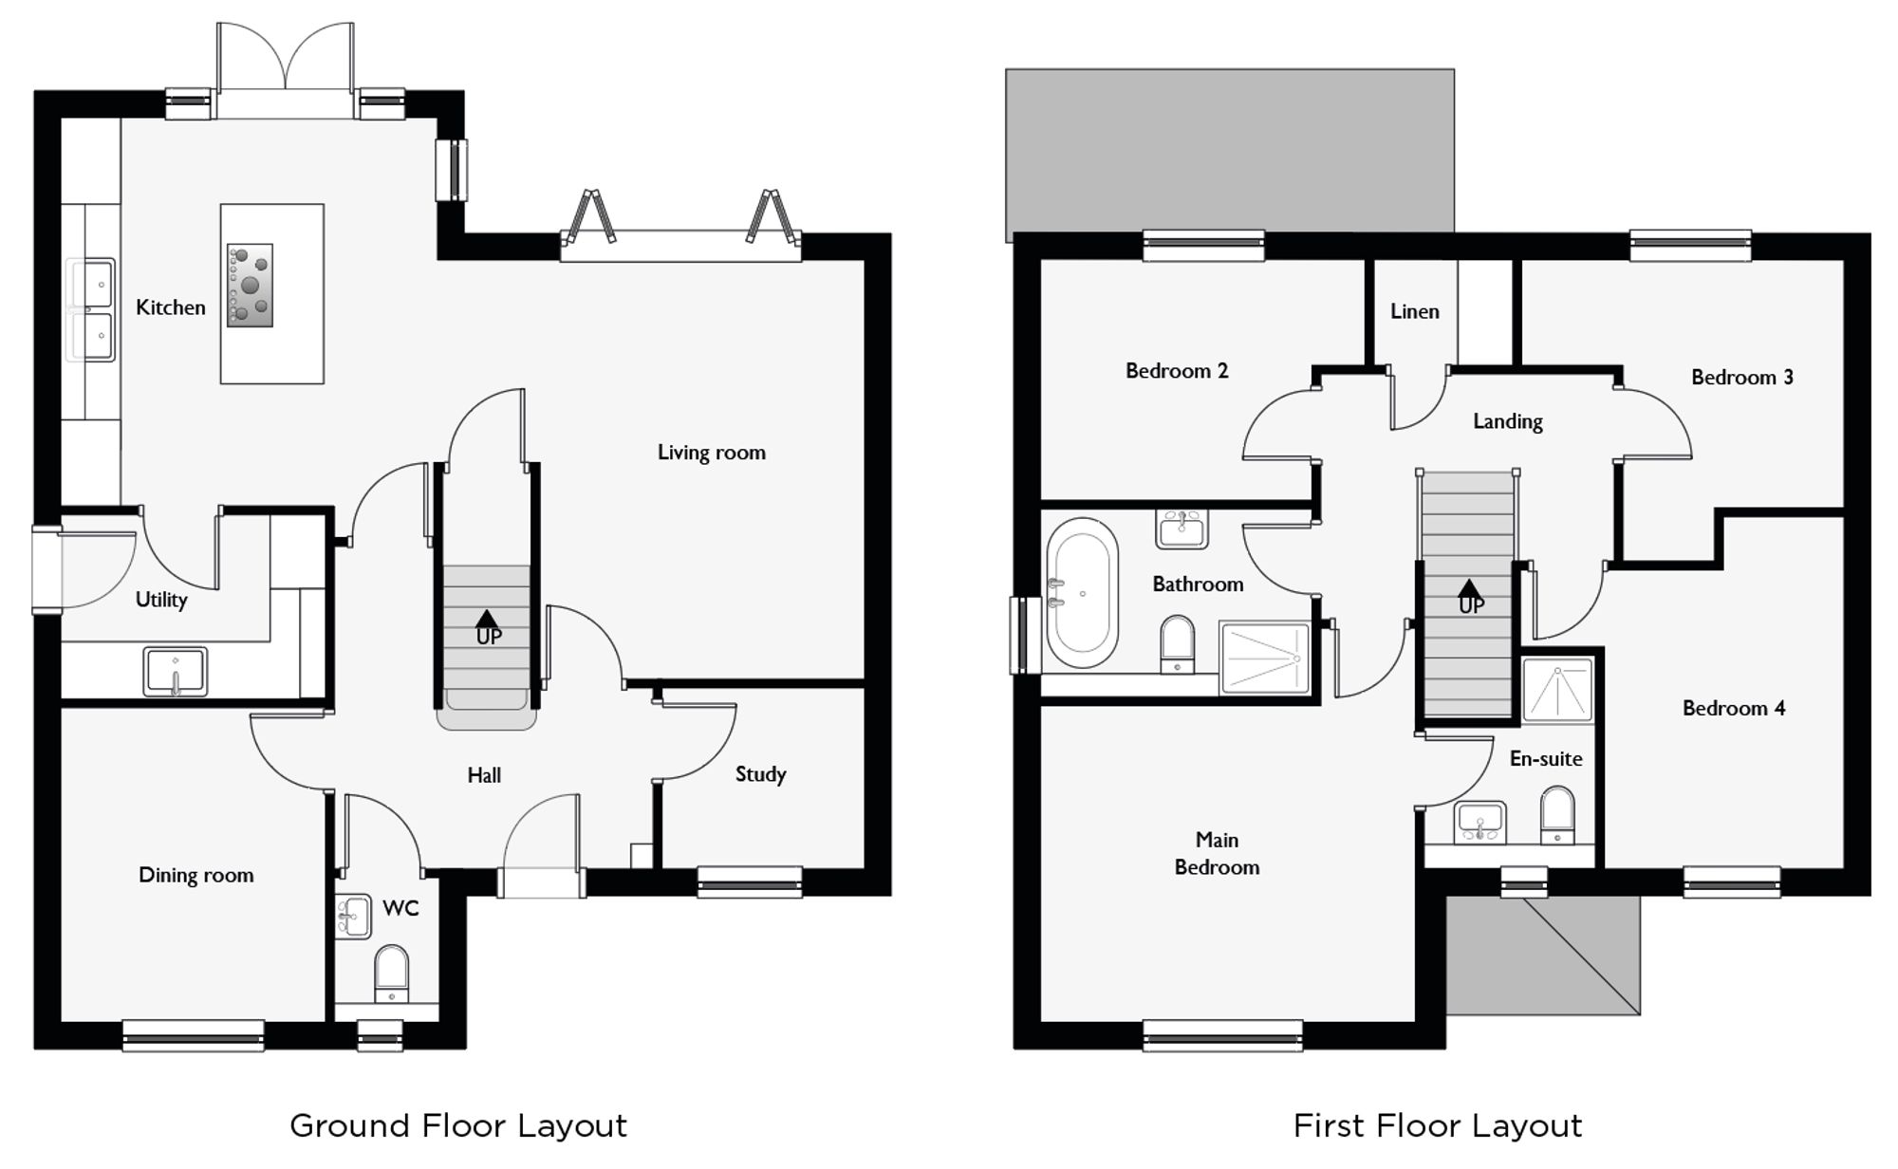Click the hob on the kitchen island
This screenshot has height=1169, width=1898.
pos(250,285)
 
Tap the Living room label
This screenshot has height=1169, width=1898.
pos(711,453)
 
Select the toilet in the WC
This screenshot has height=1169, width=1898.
pos(391,973)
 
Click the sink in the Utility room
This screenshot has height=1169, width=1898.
pos(176,671)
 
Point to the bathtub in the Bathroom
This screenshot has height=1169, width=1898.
pos(1082,592)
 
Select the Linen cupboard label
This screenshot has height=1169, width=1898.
pos(1414,311)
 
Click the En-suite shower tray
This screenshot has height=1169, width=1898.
pos(1557,691)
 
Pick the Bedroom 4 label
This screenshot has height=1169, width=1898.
pos(1733,708)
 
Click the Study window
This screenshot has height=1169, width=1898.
pos(750,882)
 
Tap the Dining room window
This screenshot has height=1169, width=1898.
pos(194,1036)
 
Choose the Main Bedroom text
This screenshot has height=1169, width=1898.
pos(1217,853)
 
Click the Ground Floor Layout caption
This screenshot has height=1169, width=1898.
pos(458,1125)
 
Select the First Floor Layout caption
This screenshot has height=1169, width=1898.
pos(1437,1125)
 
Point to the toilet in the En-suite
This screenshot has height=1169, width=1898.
pos(1557,814)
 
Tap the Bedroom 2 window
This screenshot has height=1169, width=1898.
pos(1203,245)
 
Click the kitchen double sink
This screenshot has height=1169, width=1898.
pos(92,310)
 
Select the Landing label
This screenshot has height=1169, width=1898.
pos(1507,421)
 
